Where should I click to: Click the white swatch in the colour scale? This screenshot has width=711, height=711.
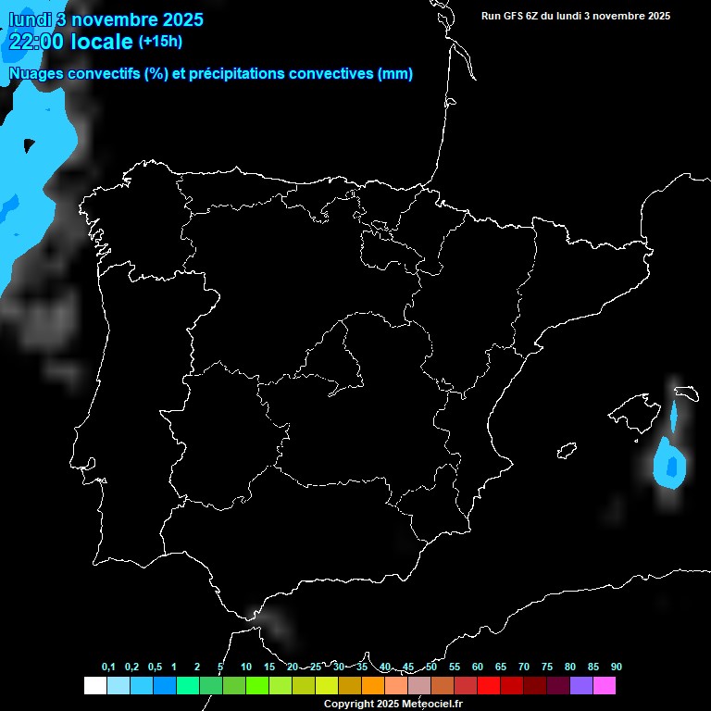coord(94,685)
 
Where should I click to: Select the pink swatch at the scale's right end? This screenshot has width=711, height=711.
coord(605,685)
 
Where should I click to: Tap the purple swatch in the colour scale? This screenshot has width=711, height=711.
coord(581,685)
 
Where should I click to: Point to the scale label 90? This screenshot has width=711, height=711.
coord(617,667)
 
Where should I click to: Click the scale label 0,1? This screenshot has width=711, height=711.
coord(108,667)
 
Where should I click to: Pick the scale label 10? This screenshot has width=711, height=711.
coord(246,667)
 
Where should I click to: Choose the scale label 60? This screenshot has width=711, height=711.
coord(478,667)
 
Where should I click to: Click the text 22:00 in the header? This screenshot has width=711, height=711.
coord(37,41)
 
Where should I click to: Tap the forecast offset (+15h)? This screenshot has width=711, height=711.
coord(160,41)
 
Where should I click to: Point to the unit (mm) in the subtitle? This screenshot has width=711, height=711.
coord(395,74)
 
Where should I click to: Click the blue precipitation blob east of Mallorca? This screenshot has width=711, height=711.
coord(668,464)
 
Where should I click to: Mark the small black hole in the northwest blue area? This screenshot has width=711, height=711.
coord(29,144)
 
